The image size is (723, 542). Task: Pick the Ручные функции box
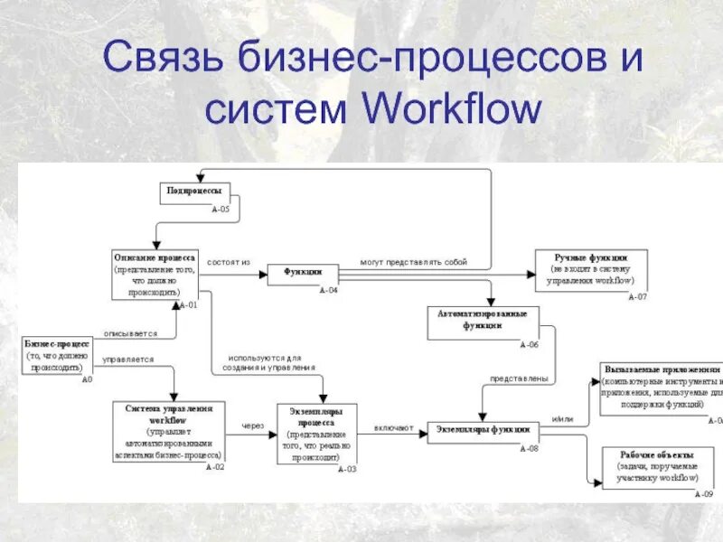pyautogui.click(x=590, y=269)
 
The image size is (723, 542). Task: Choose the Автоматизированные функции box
pyautogui.click(x=483, y=321)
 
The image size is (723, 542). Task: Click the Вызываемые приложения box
pyautogui.click(x=662, y=388)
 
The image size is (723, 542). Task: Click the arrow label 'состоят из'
pyautogui.click(x=229, y=263)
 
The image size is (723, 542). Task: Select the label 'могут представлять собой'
pyautogui.click(x=414, y=263)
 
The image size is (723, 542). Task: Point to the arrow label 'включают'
pyautogui.click(x=393, y=427)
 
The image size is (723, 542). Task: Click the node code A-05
pyautogui.click(x=221, y=210)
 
